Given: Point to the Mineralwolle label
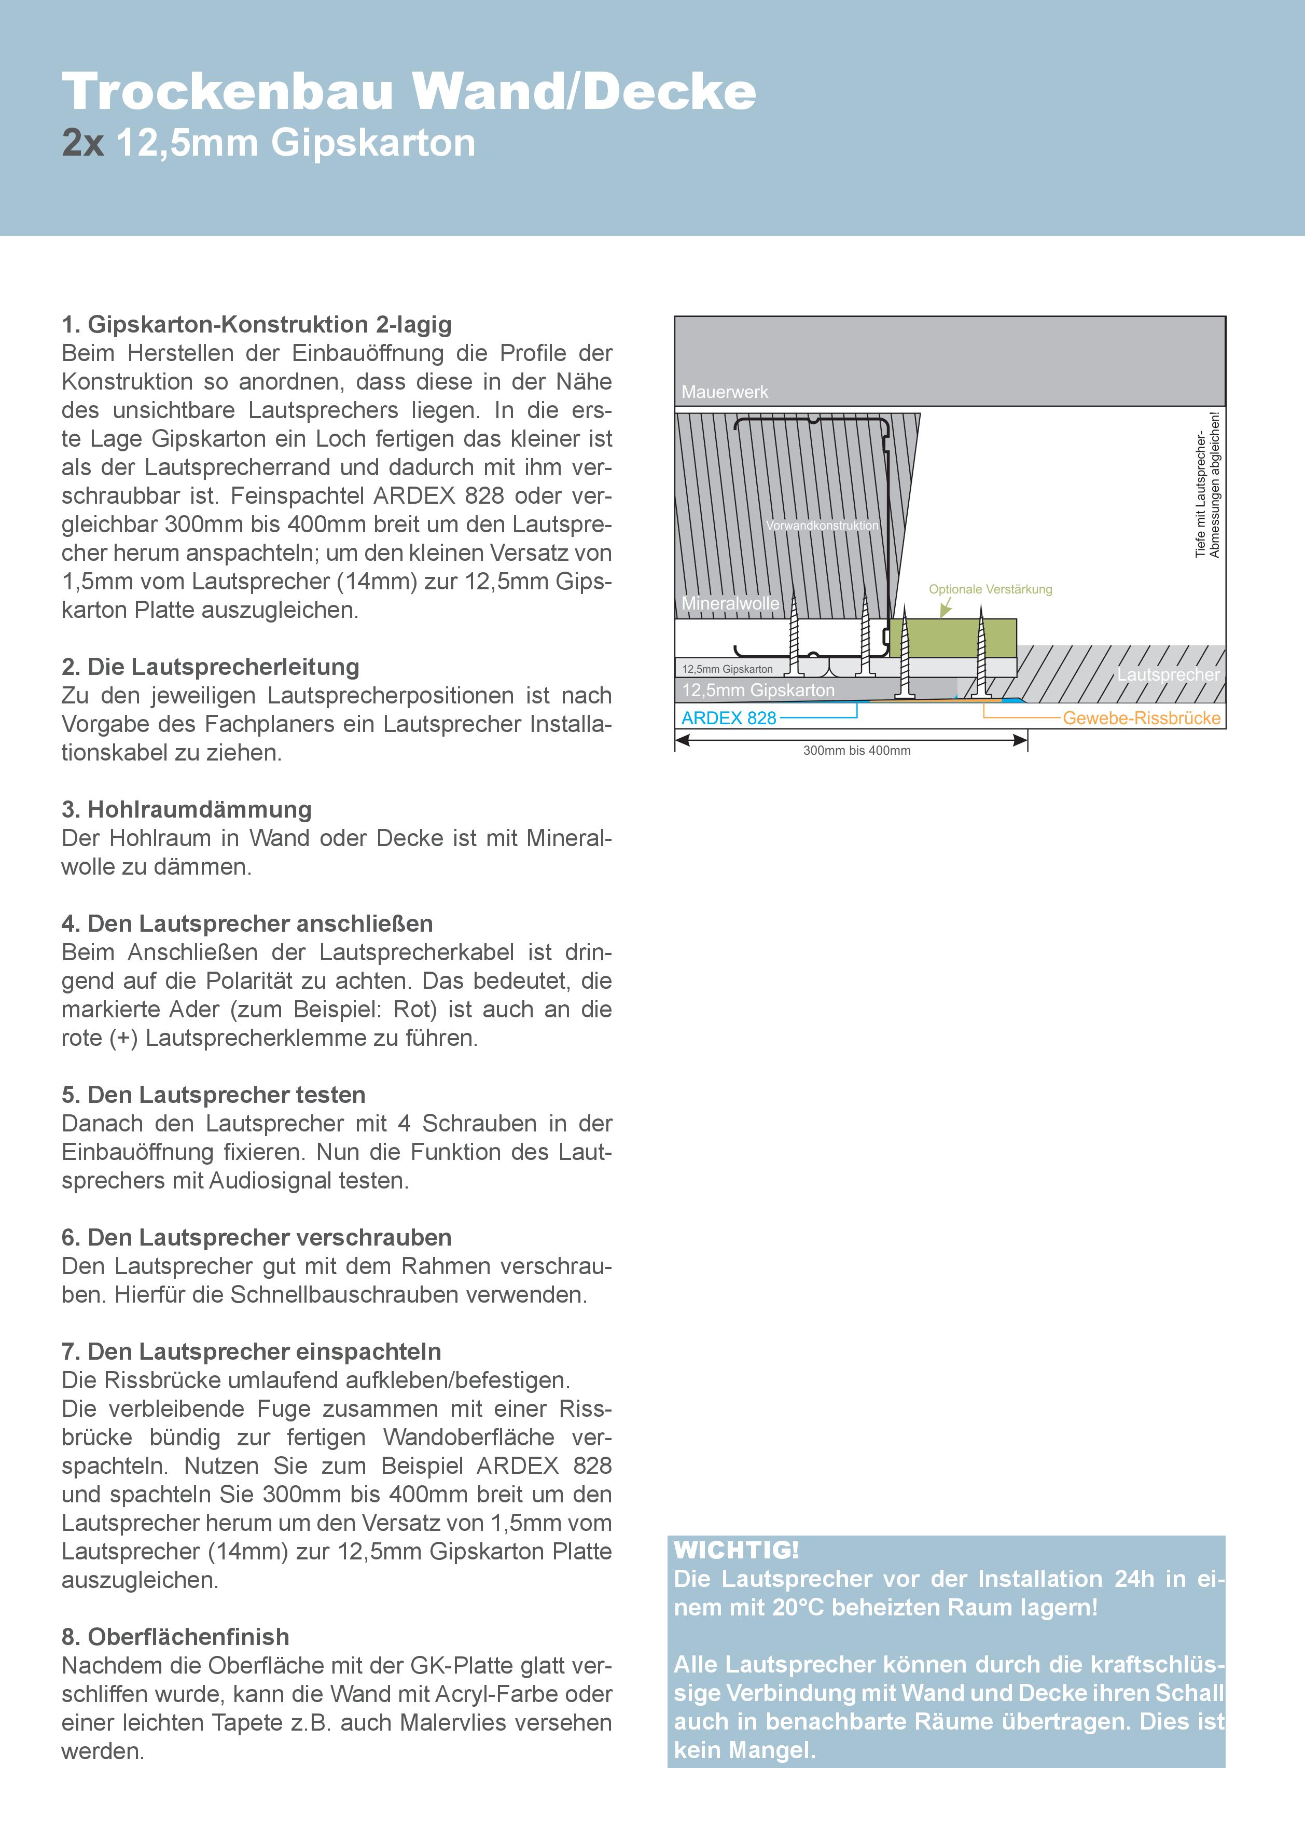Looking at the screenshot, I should (730, 603).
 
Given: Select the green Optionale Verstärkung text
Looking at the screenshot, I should (990, 589).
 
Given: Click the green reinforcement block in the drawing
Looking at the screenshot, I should (952, 638).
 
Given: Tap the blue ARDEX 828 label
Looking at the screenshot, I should (729, 717).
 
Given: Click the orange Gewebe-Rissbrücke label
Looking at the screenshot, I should (1141, 717).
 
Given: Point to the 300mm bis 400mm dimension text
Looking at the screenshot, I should (857, 751).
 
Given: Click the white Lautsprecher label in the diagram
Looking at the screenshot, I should (1168, 674).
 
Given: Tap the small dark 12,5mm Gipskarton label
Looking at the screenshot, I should (727, 669).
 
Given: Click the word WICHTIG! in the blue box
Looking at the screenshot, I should (736, 1550).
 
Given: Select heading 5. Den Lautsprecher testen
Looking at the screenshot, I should (213, 1095).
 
